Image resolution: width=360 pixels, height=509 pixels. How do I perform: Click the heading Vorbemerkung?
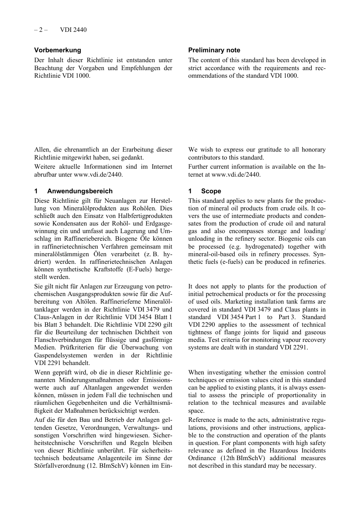click(58, 50)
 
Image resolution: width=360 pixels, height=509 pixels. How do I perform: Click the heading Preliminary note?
click(214, 50)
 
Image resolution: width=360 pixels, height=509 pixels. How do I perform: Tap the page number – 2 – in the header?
click(41, 30)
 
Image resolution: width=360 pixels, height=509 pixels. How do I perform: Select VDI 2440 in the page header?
click(73, 30)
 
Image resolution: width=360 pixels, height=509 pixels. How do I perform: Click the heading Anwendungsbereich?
click(80, 191)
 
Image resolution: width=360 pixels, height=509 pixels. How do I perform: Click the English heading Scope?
click(211, 191)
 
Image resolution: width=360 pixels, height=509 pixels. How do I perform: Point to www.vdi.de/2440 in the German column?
click(98, 175)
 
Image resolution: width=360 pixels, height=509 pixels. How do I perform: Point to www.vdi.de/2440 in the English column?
click(235, 175)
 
